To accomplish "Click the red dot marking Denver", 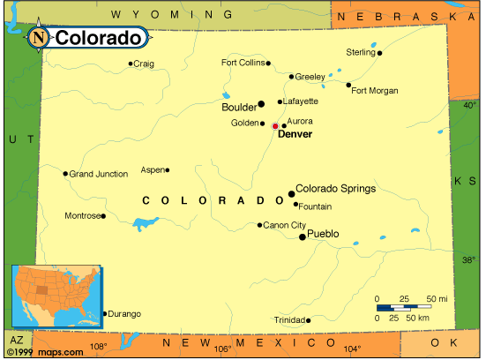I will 275,126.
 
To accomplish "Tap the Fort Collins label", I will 243,63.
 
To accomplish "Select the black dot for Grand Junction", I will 65,174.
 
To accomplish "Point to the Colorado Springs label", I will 335,188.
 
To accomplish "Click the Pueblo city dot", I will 303,236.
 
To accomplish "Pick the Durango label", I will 123,312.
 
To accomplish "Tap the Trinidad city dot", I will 308,319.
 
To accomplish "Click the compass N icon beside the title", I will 39,37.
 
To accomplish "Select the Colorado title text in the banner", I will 98,38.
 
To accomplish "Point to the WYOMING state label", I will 172,15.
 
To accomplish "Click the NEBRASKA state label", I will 407,17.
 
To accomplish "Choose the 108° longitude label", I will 98,347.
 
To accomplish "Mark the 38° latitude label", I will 469,260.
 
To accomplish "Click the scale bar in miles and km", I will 410,307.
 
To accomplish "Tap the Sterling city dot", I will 380,53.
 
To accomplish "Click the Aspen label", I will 153,169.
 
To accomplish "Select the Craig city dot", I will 131,64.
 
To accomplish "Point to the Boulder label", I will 238,106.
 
